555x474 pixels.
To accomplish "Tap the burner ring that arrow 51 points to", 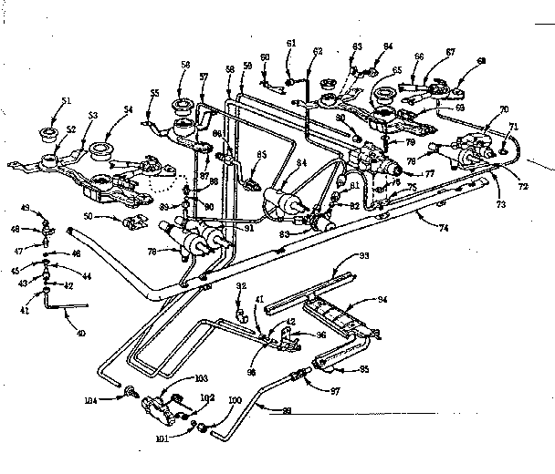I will tap(44, 136).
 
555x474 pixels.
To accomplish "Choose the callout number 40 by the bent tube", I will tap(81, 333).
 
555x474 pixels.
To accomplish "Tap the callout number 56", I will tap(186, 65).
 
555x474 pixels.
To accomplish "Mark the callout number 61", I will tap(291, 43).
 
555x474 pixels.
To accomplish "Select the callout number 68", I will tap(480, 61).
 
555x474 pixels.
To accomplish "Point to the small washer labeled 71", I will tap(503, 139).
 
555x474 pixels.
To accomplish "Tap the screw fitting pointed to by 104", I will tap(131, 395).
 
